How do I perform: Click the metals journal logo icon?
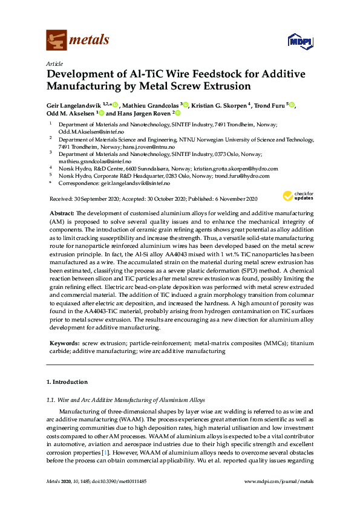click(56, 40)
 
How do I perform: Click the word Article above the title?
click(54, 63)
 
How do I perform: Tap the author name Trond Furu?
click(270, 105)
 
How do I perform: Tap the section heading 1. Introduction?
click(67, 382)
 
